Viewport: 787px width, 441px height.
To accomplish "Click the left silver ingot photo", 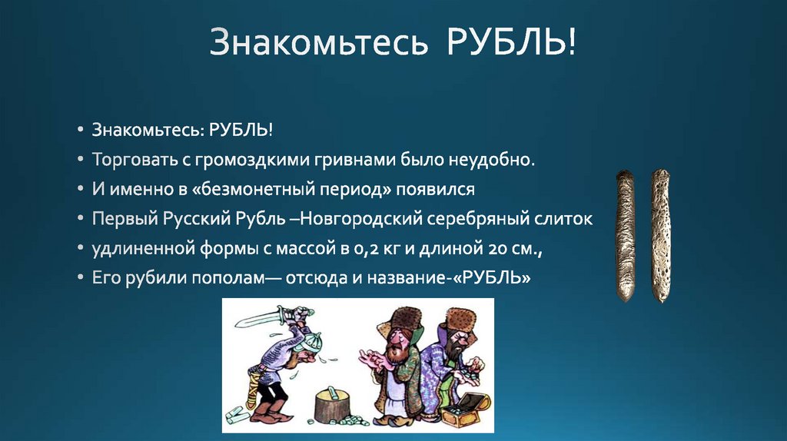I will click(625, 234).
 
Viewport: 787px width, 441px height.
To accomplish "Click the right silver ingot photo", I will click(660, 234).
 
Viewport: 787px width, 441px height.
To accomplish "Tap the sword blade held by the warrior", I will click(257, 317).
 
